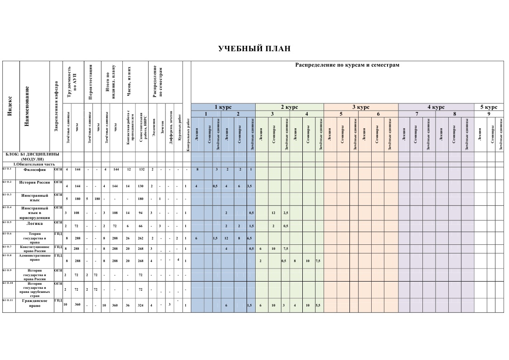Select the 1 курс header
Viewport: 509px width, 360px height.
(223, 107)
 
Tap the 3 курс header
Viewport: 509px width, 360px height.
(361, 107)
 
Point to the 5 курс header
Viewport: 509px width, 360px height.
(489, 107)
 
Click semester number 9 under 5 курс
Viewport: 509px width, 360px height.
(489, 114)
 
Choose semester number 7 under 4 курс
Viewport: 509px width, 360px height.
(417, 114)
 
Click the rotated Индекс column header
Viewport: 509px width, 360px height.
(10, 106)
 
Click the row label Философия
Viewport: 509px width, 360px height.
(34, 170)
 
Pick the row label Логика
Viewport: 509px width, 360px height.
(34, 223)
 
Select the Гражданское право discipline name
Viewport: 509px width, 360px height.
(34, 303)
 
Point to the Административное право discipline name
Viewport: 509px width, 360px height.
(34, 258)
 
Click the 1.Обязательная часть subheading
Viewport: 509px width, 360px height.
(34, 164)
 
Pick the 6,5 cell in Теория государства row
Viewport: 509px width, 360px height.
(250, 238)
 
